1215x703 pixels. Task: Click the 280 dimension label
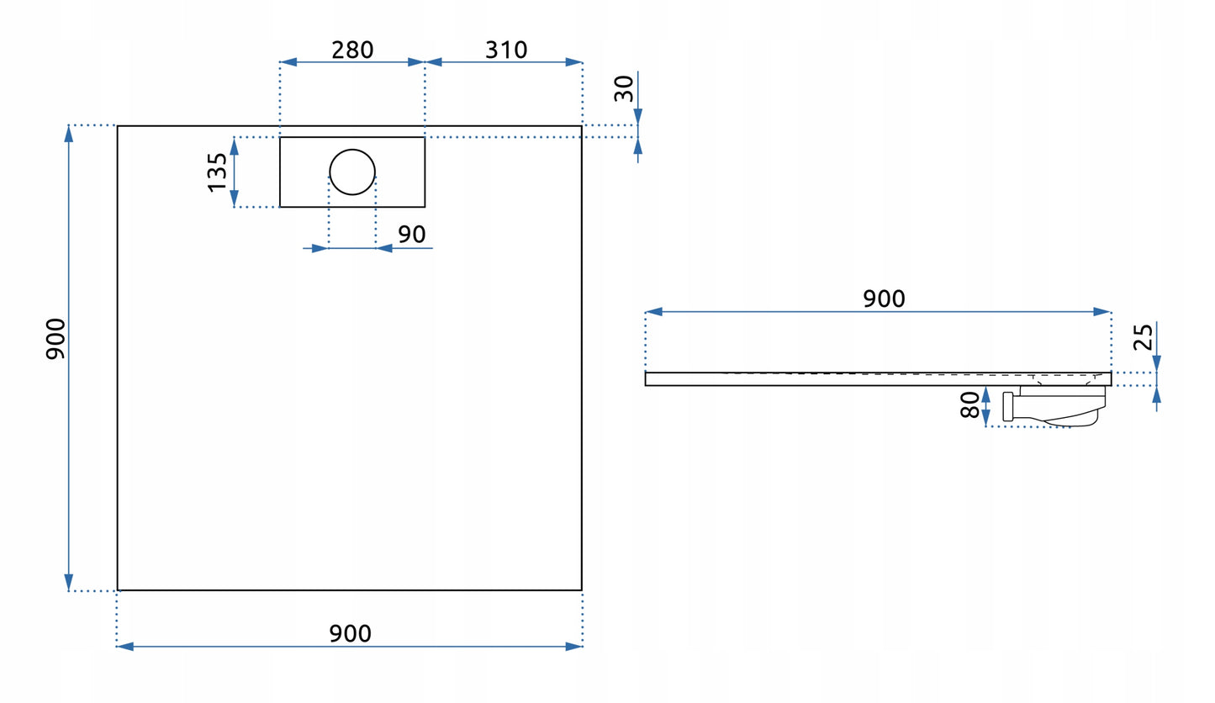pyautogui.click(x=352, y=50)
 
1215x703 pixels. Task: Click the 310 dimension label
pyautogui.click(x=506, y=50)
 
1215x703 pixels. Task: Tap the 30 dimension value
pyautogui.click(x=624, y=88)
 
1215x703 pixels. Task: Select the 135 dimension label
pyautogui.click(x=217, y=172)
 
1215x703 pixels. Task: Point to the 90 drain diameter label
pyautogui.click(x=411, y=235)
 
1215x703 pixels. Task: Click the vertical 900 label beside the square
pyautogui.click(x=55, y=339)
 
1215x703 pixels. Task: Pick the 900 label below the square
pyautogui.click(x=350, y=634)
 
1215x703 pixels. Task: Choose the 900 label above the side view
pyautogui.click(x=884, y=299)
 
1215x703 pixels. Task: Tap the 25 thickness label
pyautogui.click(x=1143, y=337)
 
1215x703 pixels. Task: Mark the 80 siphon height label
pyautogui.click(x=969, y=404)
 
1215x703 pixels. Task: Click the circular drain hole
pyautogui.click(x=352, y=172)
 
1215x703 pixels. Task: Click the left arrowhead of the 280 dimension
pyautogui.click(x=288, y=62)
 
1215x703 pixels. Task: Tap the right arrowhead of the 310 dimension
pyautogui.click(x=573, y=62)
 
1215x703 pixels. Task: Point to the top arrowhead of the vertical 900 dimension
pyautogui.click(x=69, y=134)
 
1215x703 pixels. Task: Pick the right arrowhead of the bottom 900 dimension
pyautogui.click(x=573, y=647)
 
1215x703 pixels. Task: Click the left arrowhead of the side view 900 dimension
pyautogui.click(x=654, y=312)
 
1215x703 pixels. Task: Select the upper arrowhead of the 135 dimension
pyautogui.click(x=235, y=145)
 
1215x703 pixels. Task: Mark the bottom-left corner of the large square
pyautogui.click(x=118, y=589)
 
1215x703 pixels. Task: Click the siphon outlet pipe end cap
pyautogui.click(x=1007, y=406)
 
